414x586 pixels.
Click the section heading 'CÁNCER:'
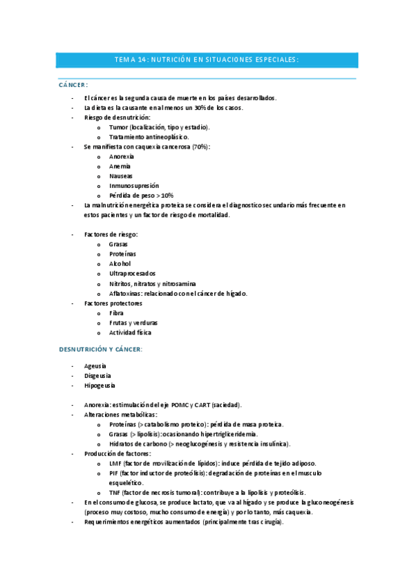click(x=73, y=84)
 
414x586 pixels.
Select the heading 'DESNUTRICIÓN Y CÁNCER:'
click(x=100, y=349)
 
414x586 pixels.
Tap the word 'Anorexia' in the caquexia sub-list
click(x=122, y=157)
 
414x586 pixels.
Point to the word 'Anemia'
click(x=120, y=167)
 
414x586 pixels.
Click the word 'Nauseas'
click(x=120, y=176)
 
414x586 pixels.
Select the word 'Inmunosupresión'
click(x=133, y=186)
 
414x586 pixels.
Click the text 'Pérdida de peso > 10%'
click(x=141, y=196)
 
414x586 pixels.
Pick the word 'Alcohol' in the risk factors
click(x=120, y=264)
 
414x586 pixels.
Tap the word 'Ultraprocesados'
click(x=132, y=274)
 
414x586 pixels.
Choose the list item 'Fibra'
click(x=116, y=313)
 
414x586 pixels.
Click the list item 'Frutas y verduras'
click(x=133, y=323)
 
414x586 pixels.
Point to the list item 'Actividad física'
click(x=130, y=332)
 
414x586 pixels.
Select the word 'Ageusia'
click(x=95, y=366)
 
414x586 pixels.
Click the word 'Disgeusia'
click(x=97, y=375)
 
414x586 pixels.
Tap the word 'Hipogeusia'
click(x=100, y=385)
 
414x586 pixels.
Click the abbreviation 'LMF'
click(x=115, y=463)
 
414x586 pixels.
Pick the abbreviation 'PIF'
click(x=114, y=473)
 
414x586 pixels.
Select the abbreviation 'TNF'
click(x=115, y=492)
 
